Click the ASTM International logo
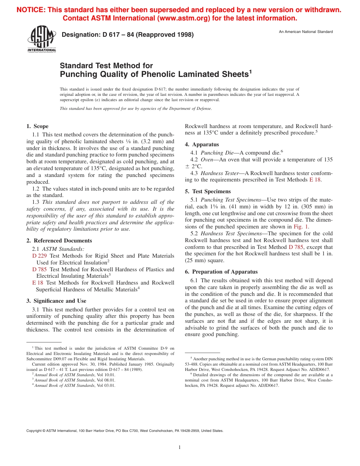pyautogui.click(x=41, y=39)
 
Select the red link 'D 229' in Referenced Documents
pyautogui.click(x=39, y=256)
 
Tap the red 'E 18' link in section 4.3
pyautogui.click(x=315, y=180)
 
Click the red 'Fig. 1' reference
pyautogui.click(x=301, y=227)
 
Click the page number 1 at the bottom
pyautogui.click(x=180, y=447)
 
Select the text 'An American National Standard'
pyautogui.click(x=306, y=32)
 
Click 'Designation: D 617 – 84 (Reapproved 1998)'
pyautogui.click(x=127, y=35)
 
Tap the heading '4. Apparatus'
pyautogui.click(x=202, y=144)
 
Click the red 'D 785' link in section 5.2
pyautogui.click(x=296, y=247)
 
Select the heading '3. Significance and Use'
pyautogui.click(x=56, y=301)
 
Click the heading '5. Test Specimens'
pyautogui.click(x=208, y=191)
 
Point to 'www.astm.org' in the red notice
pyautogui.click(x=188, y=18)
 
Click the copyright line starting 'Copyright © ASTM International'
pyautogui.click(x=125, y=431)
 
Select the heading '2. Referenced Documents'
pyautogui.click(x=59, y=241)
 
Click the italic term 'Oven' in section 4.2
pyautogui.click(x=207, y=160)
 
